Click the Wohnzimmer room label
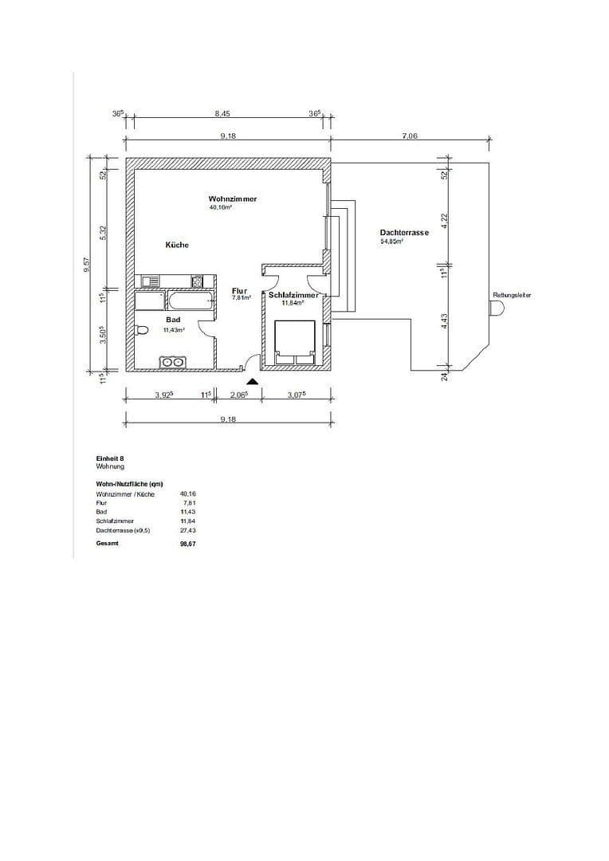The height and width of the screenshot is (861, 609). point(232,199)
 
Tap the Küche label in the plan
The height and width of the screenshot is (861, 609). point(177,245)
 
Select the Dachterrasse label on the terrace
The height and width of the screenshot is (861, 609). point(404,232)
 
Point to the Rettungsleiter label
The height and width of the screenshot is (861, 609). point(512,295)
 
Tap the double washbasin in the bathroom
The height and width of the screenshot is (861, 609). point(172,363)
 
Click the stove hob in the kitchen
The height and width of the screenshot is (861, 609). point(196,281)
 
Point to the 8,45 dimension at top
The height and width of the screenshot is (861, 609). point(222,114)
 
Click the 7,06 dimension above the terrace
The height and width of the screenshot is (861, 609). point(410,136)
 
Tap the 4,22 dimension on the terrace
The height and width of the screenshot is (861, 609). point(446,220)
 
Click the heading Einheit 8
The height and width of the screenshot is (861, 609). point(110,459)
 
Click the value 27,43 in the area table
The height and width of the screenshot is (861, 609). point(188,529)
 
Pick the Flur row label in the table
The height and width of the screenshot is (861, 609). point(101,503)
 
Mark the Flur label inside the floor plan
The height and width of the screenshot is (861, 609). point(240,291)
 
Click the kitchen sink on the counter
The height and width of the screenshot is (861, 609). point(151,281)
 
